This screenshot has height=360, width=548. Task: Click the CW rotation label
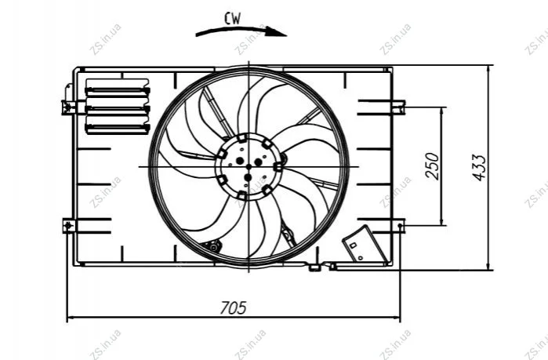click(x=232, y=19)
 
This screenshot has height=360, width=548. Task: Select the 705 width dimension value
click(x=233, y=307)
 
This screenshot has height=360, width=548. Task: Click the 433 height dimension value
click(x=480, y=168)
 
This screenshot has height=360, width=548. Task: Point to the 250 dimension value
click(x=432, y=165)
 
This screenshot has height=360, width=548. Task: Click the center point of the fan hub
click(x=249, y=167)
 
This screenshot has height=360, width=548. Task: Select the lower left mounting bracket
click(x=69, y=226)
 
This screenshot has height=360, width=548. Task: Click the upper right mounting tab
click(x=398, y=107)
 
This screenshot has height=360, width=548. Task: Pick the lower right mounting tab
click(x=399, y=226)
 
